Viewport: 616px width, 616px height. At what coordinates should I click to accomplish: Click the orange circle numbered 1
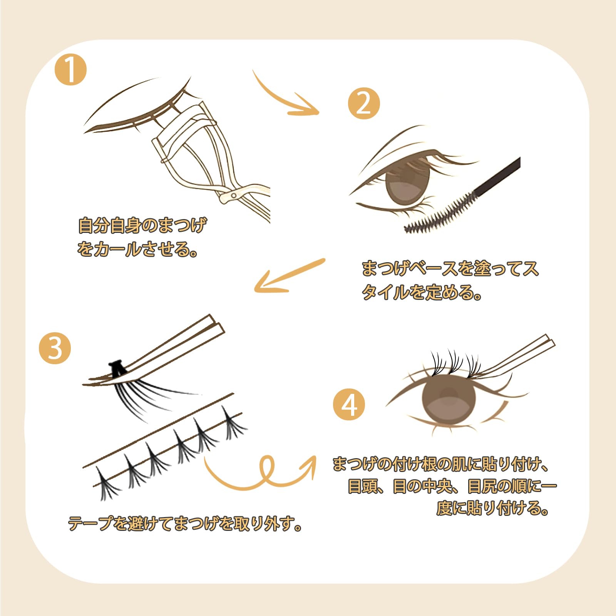(71, 70)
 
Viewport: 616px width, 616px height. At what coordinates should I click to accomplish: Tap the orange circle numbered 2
(364, 103)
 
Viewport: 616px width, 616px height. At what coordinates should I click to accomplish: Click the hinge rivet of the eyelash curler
(233, 196)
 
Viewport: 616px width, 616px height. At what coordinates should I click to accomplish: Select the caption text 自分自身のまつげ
(142, 226)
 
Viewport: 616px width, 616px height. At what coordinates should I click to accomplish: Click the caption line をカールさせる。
(137, 249)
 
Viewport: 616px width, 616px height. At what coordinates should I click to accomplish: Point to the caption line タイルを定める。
(421, 293)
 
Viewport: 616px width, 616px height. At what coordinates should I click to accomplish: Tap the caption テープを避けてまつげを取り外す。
(185, 524)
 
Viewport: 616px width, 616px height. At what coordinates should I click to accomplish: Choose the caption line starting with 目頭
(452, 486)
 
